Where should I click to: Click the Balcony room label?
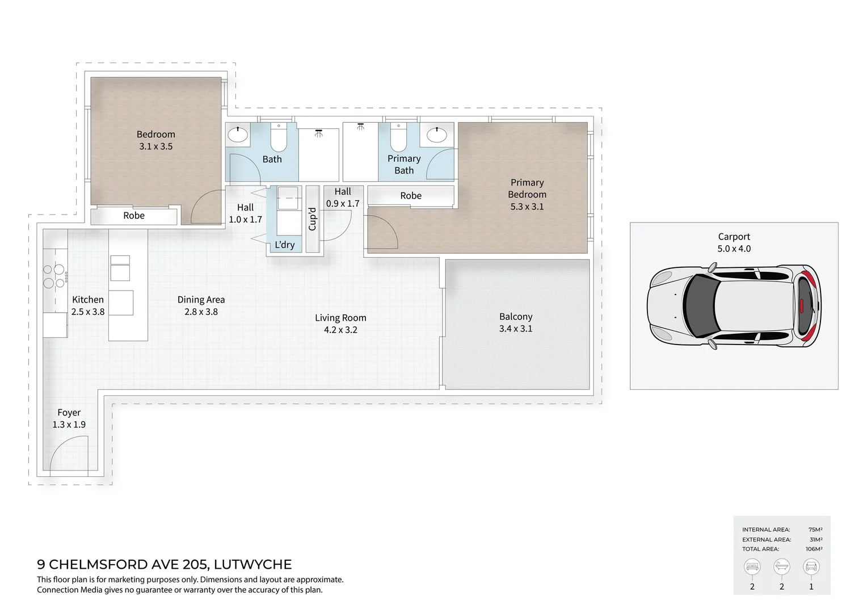(x=515, y=317)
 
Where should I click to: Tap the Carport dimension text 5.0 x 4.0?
(x=734, y=249)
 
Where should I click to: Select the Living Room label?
(x=340, y=318)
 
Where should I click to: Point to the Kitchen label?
(x=88, y=300)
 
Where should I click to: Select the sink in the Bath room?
(x=237, y=135)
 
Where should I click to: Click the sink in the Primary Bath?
(x=436, y=135)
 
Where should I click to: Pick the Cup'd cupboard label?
(x=312, y=219)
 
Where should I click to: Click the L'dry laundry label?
(x=285, y=245)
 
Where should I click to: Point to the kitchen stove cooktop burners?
(x=54, y=276)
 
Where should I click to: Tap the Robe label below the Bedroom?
(x=134, y=216)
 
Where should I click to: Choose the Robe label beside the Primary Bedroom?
(x=411, y=196)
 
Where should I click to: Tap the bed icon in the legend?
(x=752, y=566)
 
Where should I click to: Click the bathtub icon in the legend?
(x=781, y=566)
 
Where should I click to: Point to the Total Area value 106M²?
(x=814, y=549)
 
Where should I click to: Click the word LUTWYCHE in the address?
(x=253, y=564)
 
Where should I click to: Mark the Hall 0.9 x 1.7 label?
(x=343, y=198)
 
